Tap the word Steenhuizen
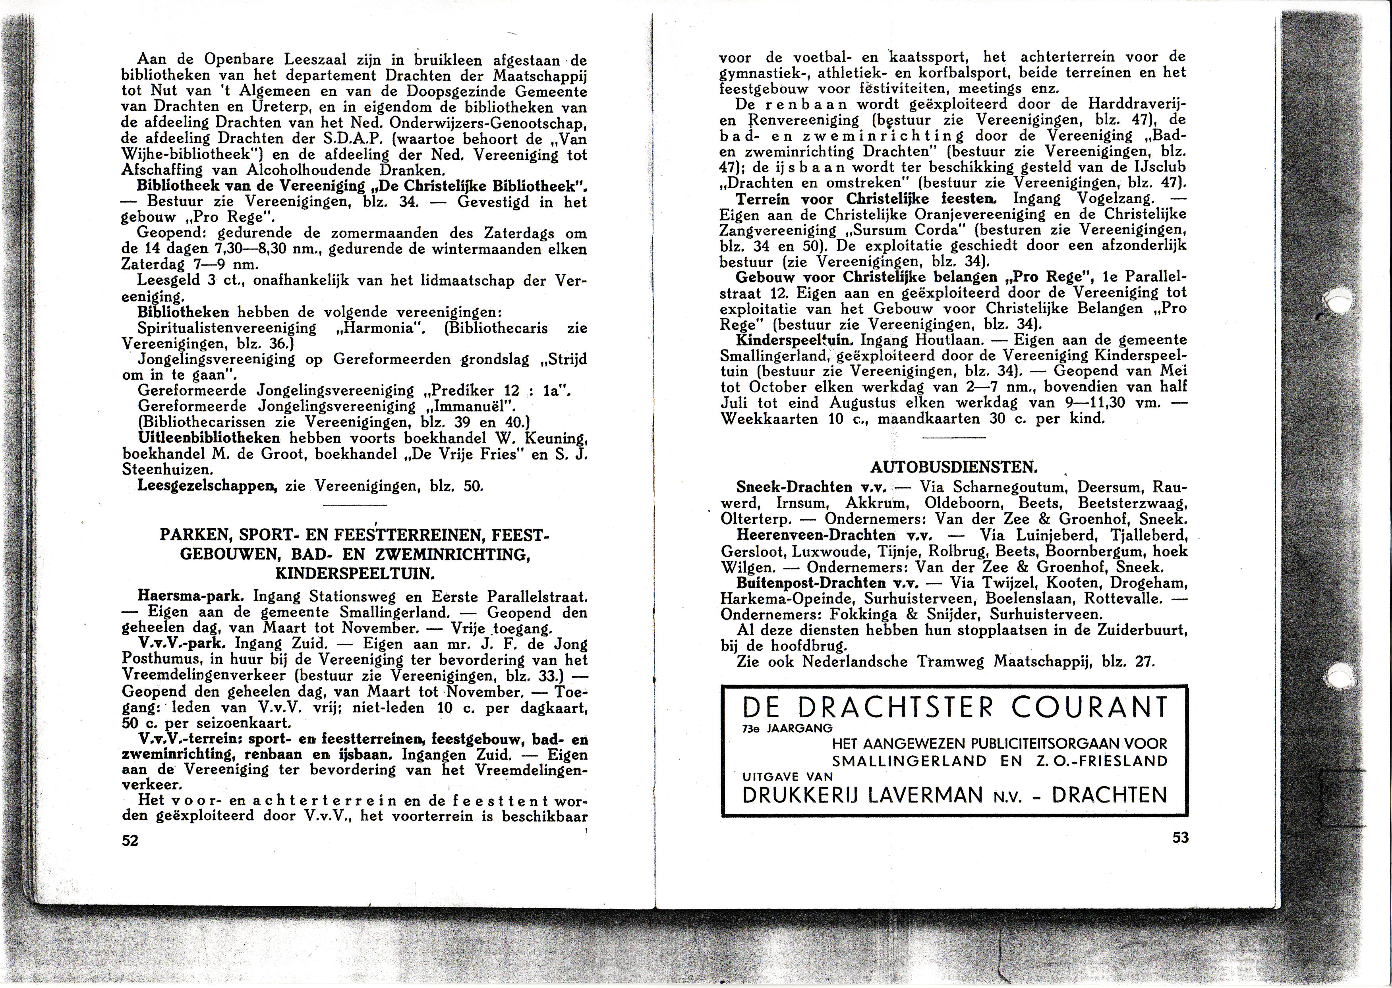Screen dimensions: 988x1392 [x=167, y=470]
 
